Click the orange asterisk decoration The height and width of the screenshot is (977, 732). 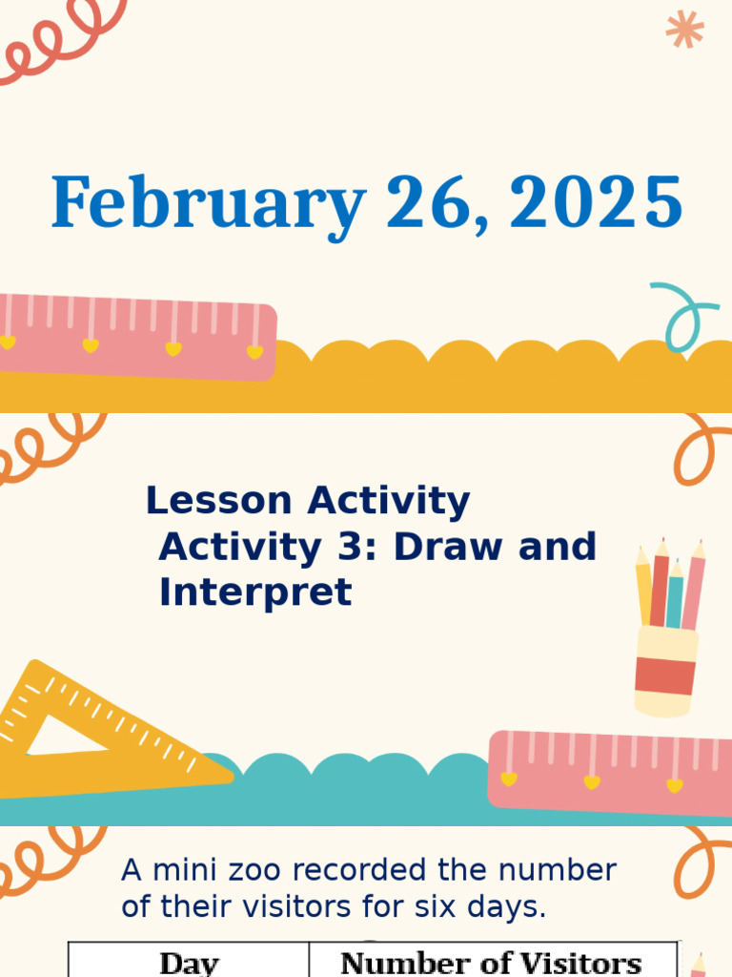point(684,29)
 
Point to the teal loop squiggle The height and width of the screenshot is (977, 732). point(683,315)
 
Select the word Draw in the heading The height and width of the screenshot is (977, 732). point(451,547)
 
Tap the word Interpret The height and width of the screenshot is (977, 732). point(255,592)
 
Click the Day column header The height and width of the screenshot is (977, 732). point(189,962)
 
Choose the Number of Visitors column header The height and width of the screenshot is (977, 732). point(491,962)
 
